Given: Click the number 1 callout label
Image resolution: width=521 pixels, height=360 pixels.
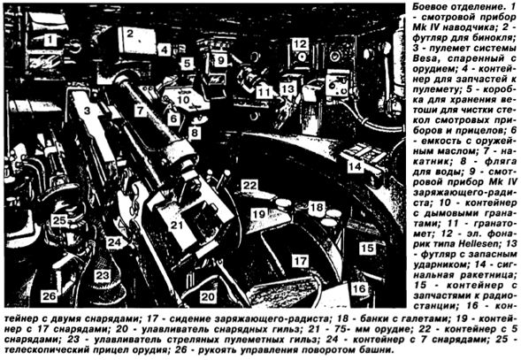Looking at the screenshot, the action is pyautogui.click(x=50, y=40).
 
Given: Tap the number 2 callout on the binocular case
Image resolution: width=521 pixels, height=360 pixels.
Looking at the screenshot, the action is pyautogui.click(x=130, y=33).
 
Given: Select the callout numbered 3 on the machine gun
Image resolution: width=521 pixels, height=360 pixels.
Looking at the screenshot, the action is pyautogui.click(x=87, y=111).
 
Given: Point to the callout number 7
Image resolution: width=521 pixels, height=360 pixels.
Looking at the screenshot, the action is pyautogui.click(x=141, y=110).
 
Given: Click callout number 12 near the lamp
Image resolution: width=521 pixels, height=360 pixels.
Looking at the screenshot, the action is pyautogui.click(x=300, y=43).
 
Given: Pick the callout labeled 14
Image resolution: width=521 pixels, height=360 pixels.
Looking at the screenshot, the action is pyautogui.click(x=355, y=166).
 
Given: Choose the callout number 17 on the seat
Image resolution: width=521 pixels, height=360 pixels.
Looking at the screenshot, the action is pyautogui.click(x=300, y=261).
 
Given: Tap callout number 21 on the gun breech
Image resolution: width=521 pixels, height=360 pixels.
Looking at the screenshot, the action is pyautogui.click(x=176, y=226).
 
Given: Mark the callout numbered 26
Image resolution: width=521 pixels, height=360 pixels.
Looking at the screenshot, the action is pyautogui.click(x=49, y=295).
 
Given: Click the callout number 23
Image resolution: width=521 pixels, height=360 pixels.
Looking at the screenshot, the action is pyautogui.click(x=102, y=275).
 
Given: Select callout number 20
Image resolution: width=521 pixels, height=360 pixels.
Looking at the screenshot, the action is pyautogui.click(x=209, y=296).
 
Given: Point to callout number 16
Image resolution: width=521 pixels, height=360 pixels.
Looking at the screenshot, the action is pyautogui.click(x=359, y=288).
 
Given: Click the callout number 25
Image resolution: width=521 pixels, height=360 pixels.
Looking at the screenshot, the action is pyautogui.click(x=59, y=220).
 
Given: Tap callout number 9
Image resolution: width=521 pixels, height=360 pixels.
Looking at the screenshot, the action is pyautogui.click(x=220, y=60).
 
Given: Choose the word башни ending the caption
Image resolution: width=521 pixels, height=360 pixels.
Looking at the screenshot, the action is pyautogui.click(x=378, y=349).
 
